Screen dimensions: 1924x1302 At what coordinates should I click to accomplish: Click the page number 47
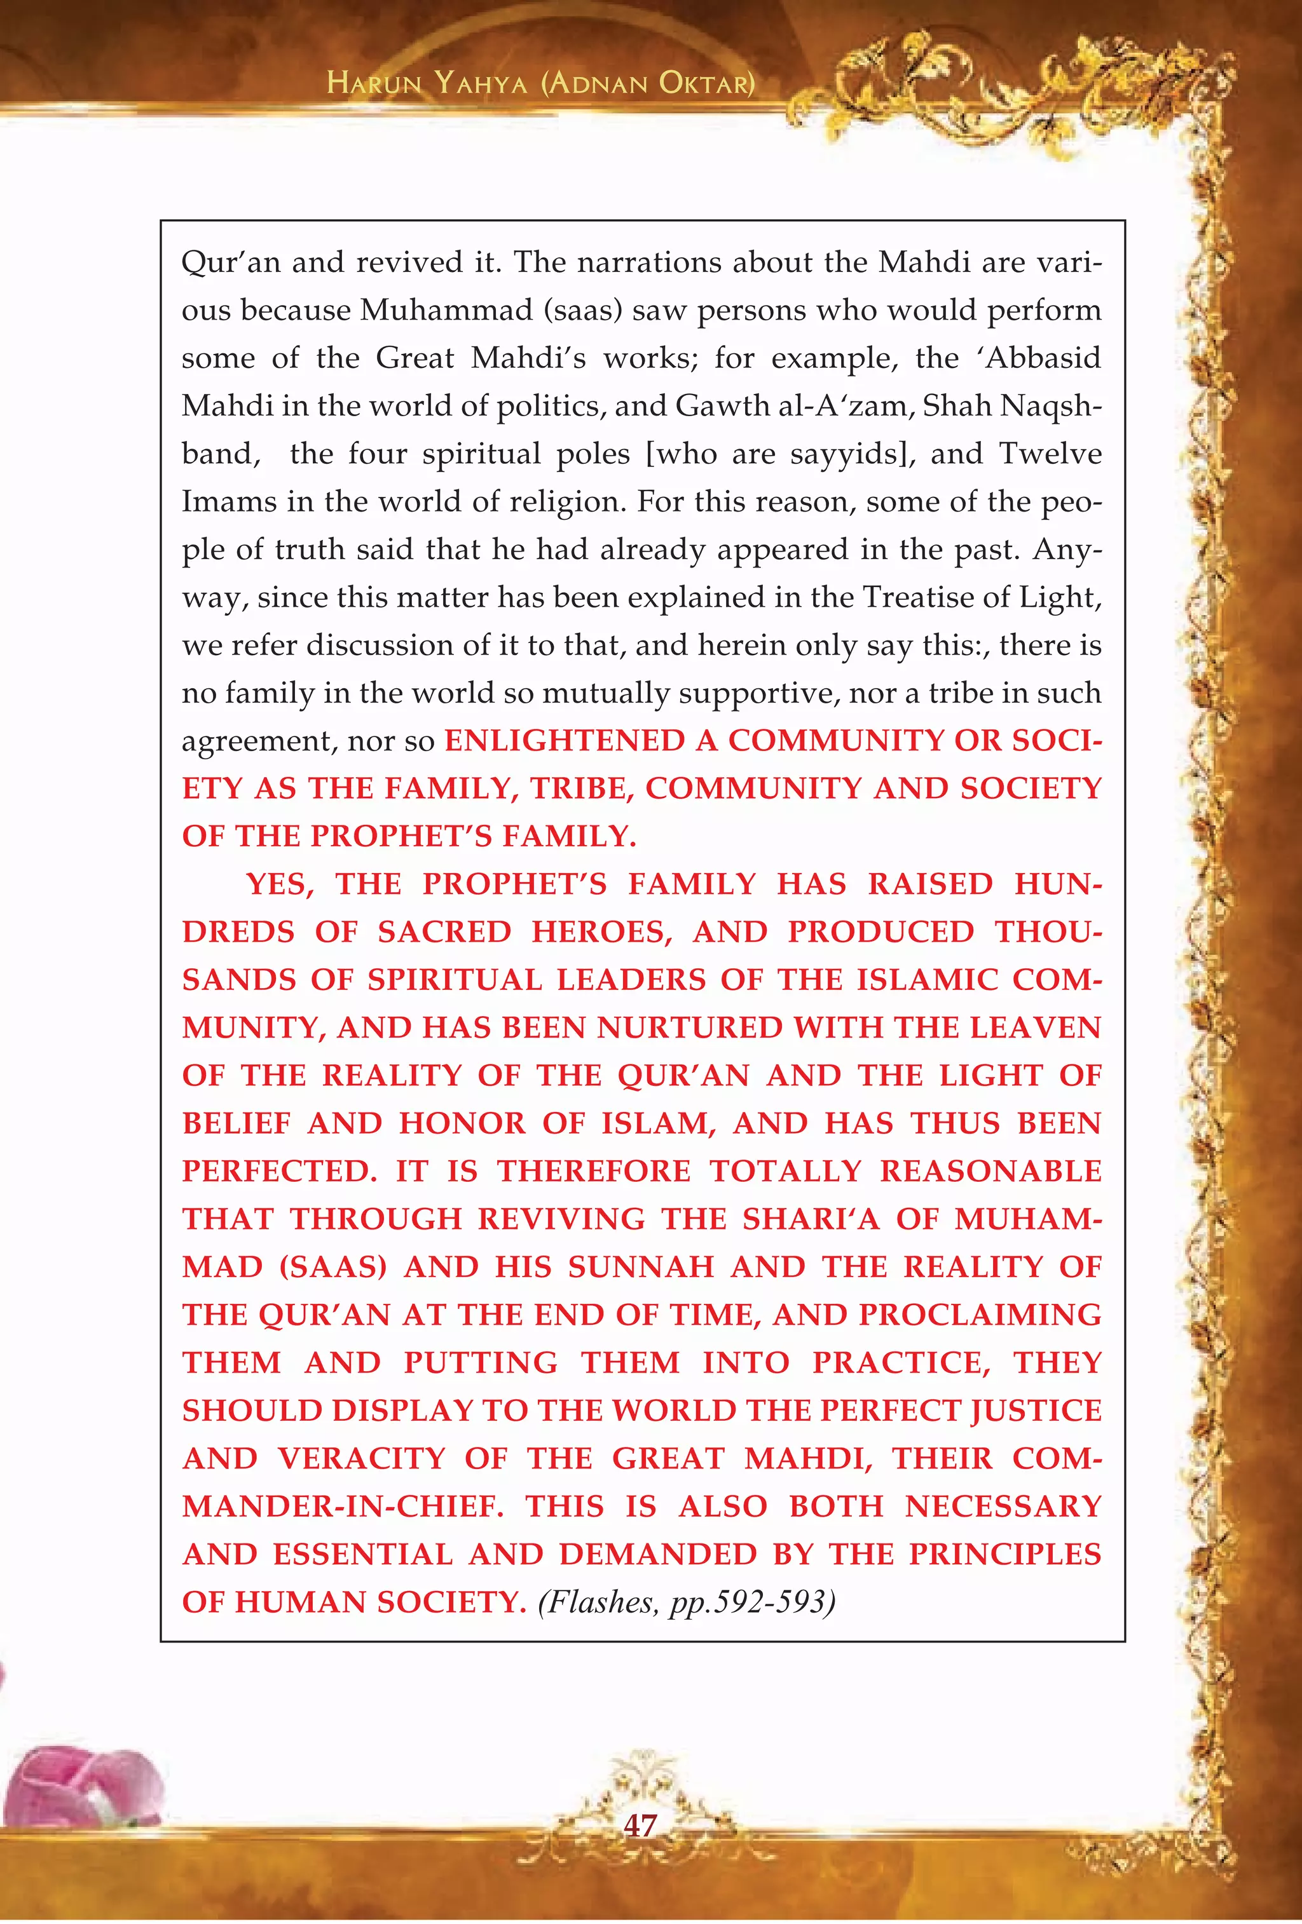coord(640,1825)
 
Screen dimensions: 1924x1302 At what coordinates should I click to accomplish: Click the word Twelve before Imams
coord(1050,454)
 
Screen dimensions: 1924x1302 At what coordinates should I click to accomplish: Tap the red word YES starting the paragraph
coord(279,884)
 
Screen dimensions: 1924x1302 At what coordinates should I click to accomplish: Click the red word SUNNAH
coord(640,1266)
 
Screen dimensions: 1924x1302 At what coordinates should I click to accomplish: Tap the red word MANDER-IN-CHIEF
coord(343,1506)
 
